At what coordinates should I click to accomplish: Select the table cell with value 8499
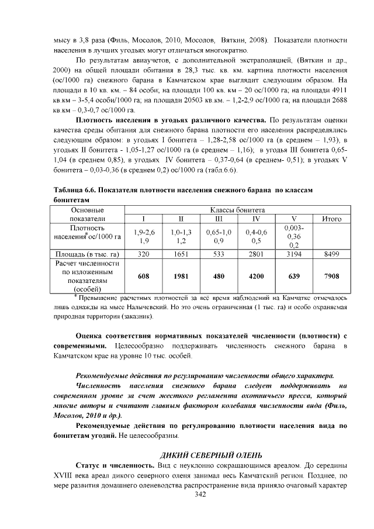[331, 254]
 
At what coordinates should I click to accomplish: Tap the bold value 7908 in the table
[331, 276]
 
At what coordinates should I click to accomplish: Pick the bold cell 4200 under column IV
[256, 276]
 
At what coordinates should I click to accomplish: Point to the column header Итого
[331, 219]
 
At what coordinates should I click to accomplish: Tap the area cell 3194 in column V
[295, 254]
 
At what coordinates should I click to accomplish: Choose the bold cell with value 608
[143, 276]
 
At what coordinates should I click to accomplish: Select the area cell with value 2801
[256, 254]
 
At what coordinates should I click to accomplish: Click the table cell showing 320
[143, 254]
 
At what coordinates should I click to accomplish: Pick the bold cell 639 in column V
[295, 276]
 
